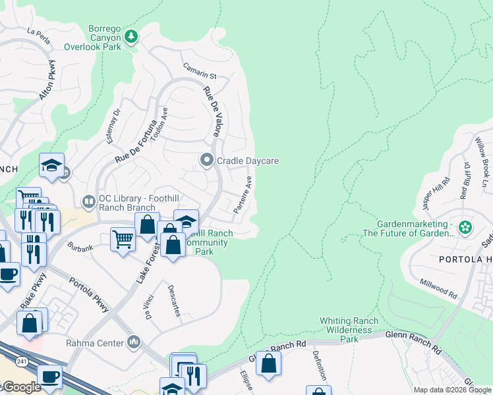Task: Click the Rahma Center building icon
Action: click(134, 342)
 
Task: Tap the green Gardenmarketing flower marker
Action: click(465, 228)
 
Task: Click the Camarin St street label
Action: click(200, 76)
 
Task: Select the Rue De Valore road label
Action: click(211, 113)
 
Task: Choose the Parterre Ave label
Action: click(243, 194)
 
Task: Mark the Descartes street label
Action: click(173, 301)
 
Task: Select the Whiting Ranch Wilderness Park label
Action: click(349, 330)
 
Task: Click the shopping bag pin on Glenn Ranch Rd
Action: click(268, 363)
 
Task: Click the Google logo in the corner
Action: click(21, 387)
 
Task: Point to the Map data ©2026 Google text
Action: click(452, 390)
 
